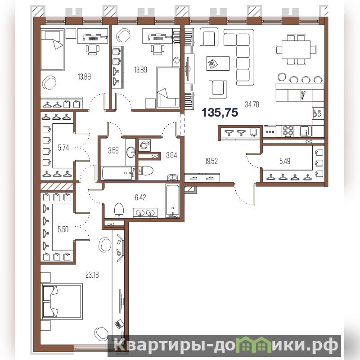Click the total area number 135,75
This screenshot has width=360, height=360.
click(220, 113)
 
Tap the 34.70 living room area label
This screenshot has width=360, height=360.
click(252, 105)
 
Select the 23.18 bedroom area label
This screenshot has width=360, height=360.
click(92, 274)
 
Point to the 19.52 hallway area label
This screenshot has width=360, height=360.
click(211, 161)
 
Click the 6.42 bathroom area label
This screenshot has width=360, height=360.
click(140, 198)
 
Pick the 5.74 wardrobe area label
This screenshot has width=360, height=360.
click(63, 148)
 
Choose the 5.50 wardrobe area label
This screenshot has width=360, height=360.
click(63, 229)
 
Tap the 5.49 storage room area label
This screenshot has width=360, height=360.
click(285, 161)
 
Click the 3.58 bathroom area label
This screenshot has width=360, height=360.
click(113, 151)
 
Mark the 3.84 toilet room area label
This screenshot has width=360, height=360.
click(171, 155)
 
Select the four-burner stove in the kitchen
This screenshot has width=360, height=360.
click(288, 131)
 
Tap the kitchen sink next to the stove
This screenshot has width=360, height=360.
click(306, 131)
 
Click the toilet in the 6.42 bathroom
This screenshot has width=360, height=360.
click(119, 210)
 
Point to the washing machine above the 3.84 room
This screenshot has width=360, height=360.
click(144, 145)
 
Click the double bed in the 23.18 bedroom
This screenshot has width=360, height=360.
click(62, 301)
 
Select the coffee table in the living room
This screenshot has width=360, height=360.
click(218, 63)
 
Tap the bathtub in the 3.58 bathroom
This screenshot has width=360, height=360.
click(117, 173)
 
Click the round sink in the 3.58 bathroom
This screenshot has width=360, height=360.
click(131, 152)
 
